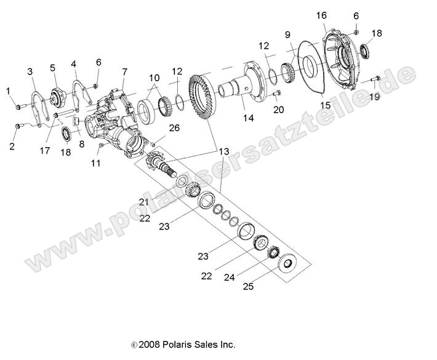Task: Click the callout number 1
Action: (9, 91)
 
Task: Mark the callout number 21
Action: (143, 202)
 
